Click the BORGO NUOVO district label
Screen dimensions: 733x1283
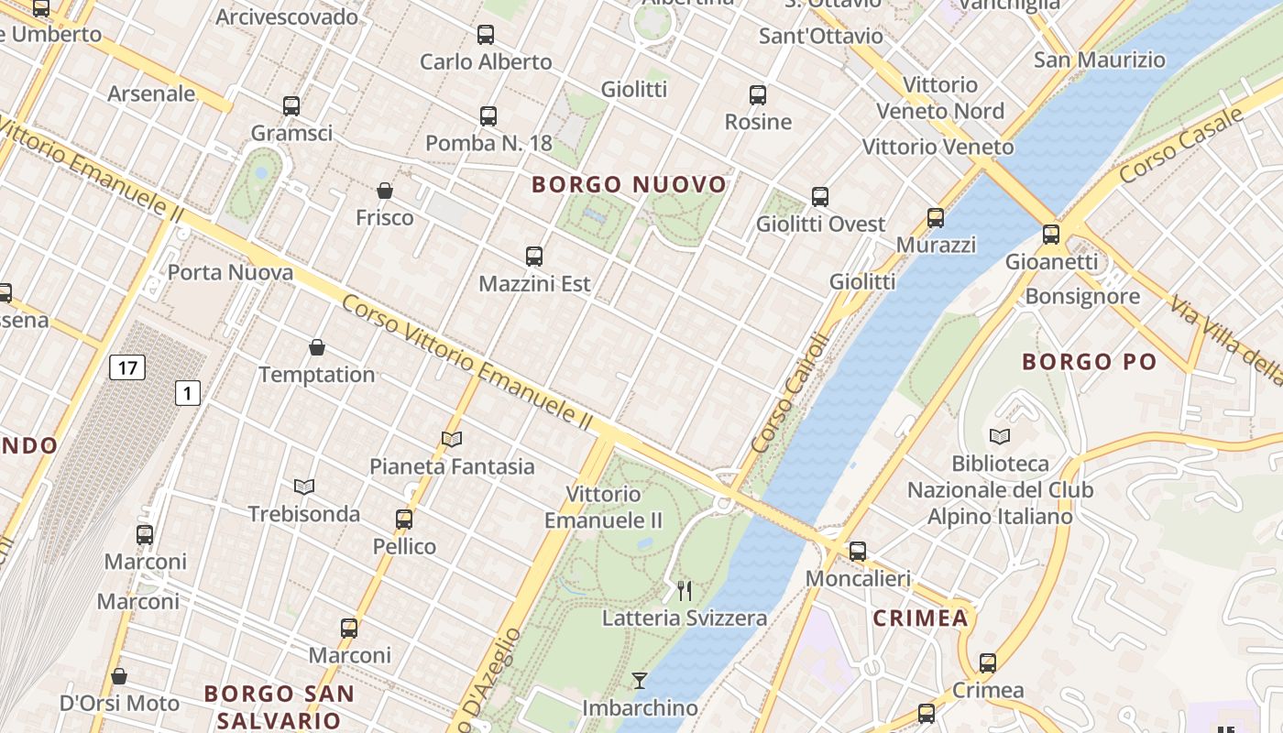pyautogui.click(x=629, y=185)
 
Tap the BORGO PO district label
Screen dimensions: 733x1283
pyautogui.click(x=1090, y=362)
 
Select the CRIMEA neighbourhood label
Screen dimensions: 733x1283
pyautogui.click(x=921, y=618)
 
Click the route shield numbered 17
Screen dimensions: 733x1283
pyautogui.click(x=126, y=368)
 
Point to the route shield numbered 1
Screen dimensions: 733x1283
pyautogui.click(x=188, y=394)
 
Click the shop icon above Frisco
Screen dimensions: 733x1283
pyautogui.click(x=385, y=191)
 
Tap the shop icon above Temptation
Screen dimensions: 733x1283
pyautogui.click(x=317, y=347)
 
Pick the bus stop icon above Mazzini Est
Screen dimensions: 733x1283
pyautogui.click(x=534, y=257)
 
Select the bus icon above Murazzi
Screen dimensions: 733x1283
pyautogui.click(x=936, y=218)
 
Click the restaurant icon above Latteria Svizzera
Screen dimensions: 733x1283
pyautogui.click(x=684, y=591)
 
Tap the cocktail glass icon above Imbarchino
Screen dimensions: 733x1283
pyautogui.click(x=640, y=681)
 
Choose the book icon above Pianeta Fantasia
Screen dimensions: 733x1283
pyautogui.click(x=452, y=439)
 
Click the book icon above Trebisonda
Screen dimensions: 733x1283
pyautogui.click(x=304, y=487)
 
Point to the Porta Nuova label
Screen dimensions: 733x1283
pyautogui.click(x=230, y=273)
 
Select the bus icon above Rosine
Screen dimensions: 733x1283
pyautogui.click(x=758, y=95)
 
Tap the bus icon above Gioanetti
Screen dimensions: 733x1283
pyautogui.click(x=1051, y=235)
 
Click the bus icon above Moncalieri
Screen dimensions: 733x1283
pyautogui.click(x=858, y=552)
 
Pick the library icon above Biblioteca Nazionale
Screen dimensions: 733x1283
pyautogui.click(x=1000, y=436)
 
